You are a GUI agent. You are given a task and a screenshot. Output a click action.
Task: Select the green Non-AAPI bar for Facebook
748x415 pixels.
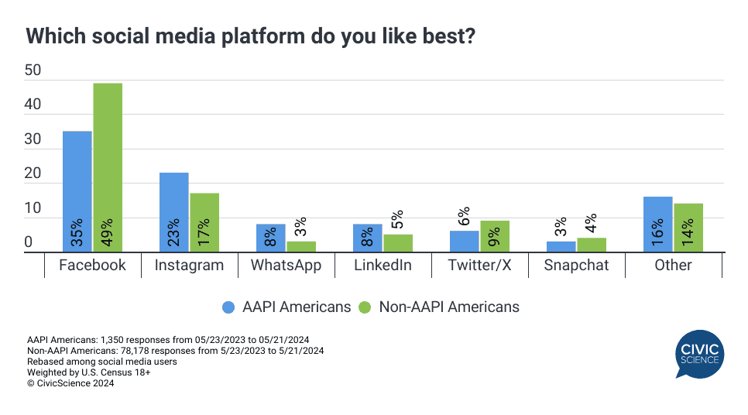coord(108,167)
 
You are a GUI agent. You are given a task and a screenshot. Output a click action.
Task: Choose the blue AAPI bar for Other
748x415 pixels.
coord(658,224)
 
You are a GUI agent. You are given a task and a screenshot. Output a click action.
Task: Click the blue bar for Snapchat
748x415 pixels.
coord(561,246)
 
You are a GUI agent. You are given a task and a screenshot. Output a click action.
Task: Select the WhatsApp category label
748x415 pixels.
coord(286,265)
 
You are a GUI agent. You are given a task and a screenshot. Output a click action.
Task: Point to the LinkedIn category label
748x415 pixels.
coord(383,265)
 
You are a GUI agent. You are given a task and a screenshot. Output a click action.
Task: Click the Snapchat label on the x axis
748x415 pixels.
coord(576,265)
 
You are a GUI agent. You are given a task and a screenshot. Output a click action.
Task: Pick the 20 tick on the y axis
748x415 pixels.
coord(33,175)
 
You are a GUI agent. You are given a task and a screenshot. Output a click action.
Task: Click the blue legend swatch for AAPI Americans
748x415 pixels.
coord(228,307)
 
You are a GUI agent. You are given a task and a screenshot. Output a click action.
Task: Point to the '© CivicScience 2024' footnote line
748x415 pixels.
coord(70,382)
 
